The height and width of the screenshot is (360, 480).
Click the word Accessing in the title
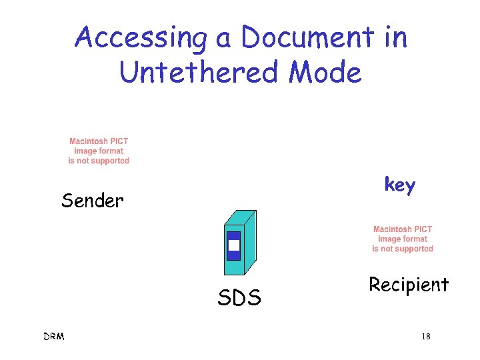pyautogui.click(x=141, y=38)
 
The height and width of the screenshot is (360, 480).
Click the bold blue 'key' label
pyautogui.click(x=399, y=185)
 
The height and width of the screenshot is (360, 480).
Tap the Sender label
pyautogui.click(x=92, y=201)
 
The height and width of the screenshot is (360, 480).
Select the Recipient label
pyautogui.click(x=409, y=285)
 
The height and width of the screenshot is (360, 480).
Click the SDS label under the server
pyautogui.click(x=239, y=298)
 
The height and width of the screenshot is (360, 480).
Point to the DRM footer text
pyautogui.click(x=53, y=337)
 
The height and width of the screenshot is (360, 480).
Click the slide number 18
pyautogui.click(x=425, y=337)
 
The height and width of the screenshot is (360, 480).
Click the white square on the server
pyautogui.click(x=233, y=245)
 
